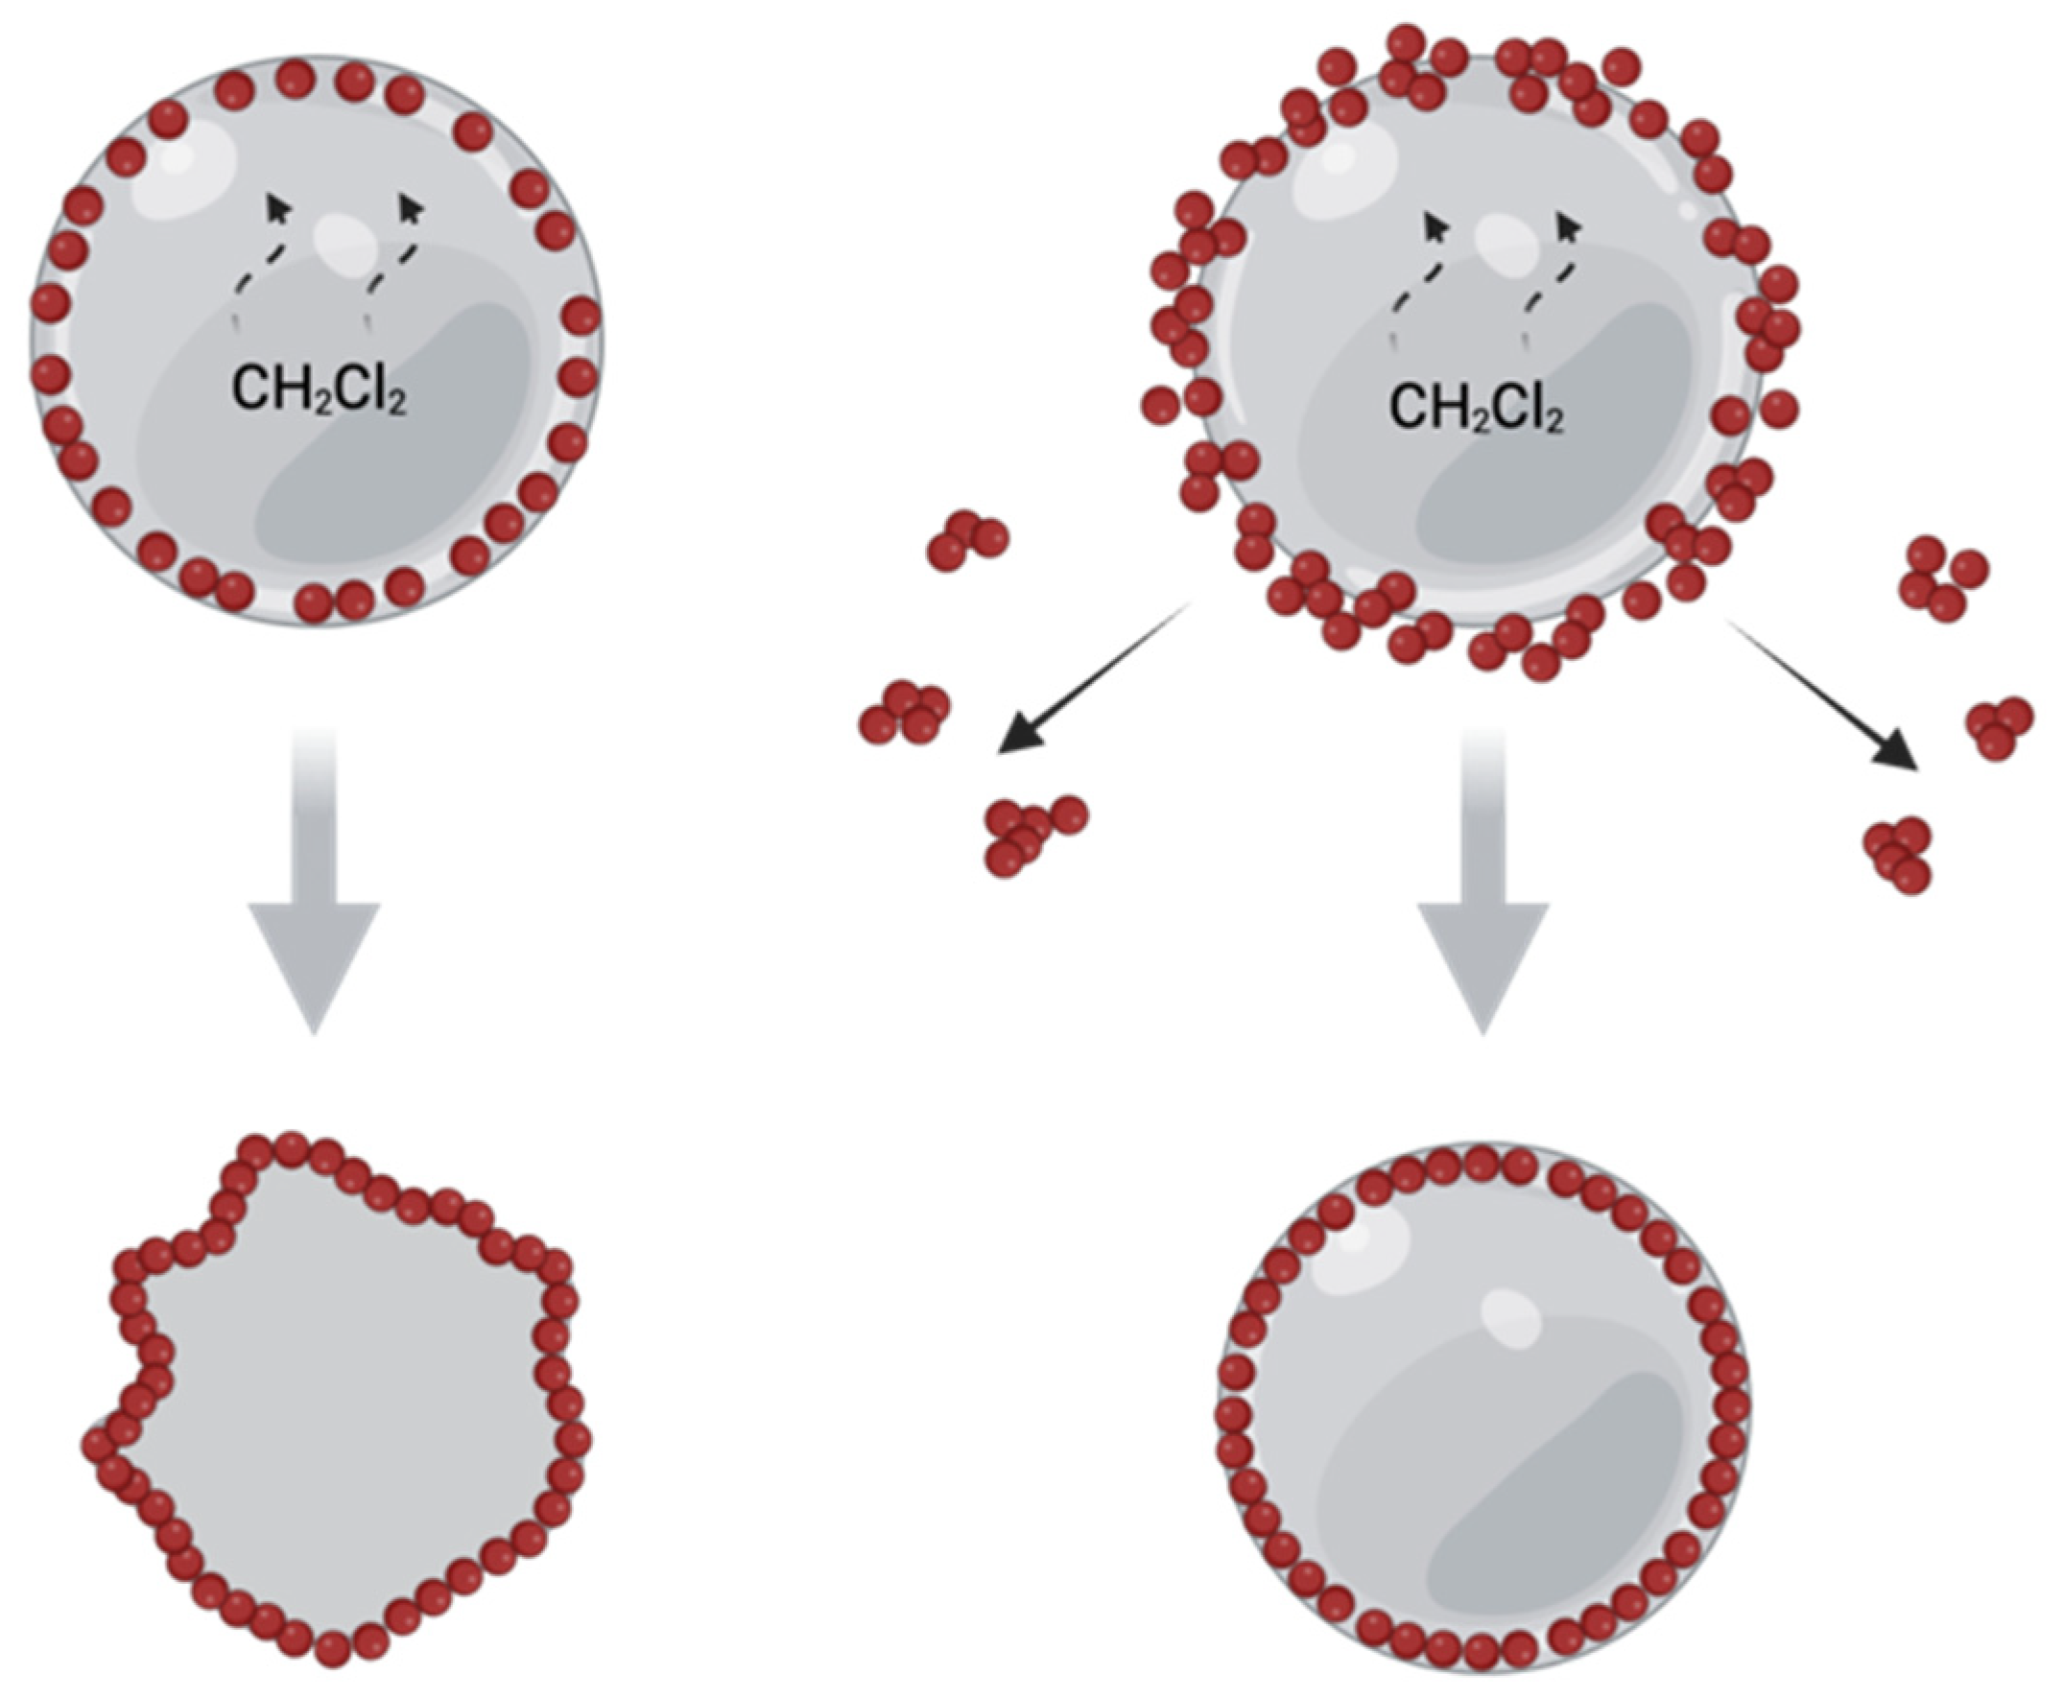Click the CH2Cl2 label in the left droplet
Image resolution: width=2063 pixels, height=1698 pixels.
tap(319, 389)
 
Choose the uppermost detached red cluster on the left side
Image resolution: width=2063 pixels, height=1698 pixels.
tap(966, 540)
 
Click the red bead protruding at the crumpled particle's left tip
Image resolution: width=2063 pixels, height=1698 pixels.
tap(99, 1443)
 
